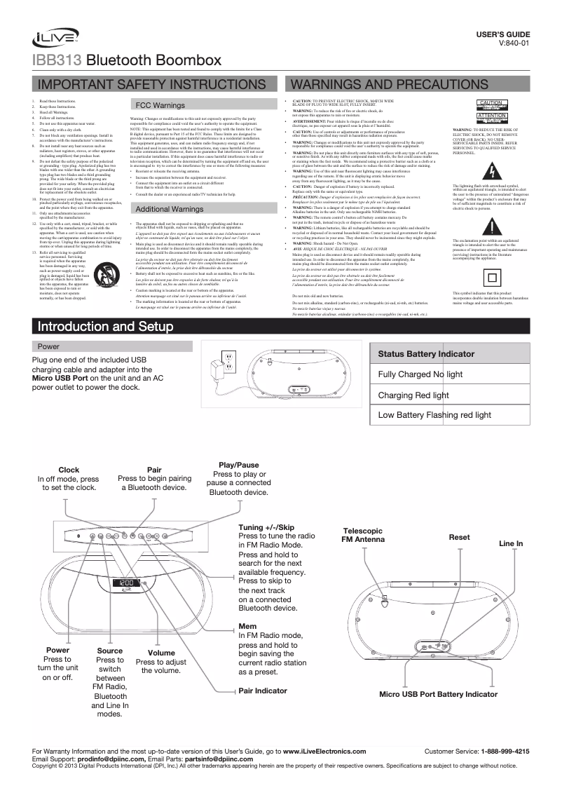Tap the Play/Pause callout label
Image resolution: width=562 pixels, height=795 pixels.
coord(239,466)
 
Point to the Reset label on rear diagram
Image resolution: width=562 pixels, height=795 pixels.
coord(459,537)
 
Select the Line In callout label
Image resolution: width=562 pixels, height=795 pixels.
coord(510,544)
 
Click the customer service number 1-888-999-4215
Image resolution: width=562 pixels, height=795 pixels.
coord(505,752)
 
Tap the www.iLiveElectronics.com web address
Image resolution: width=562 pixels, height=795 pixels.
coord(324,752)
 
